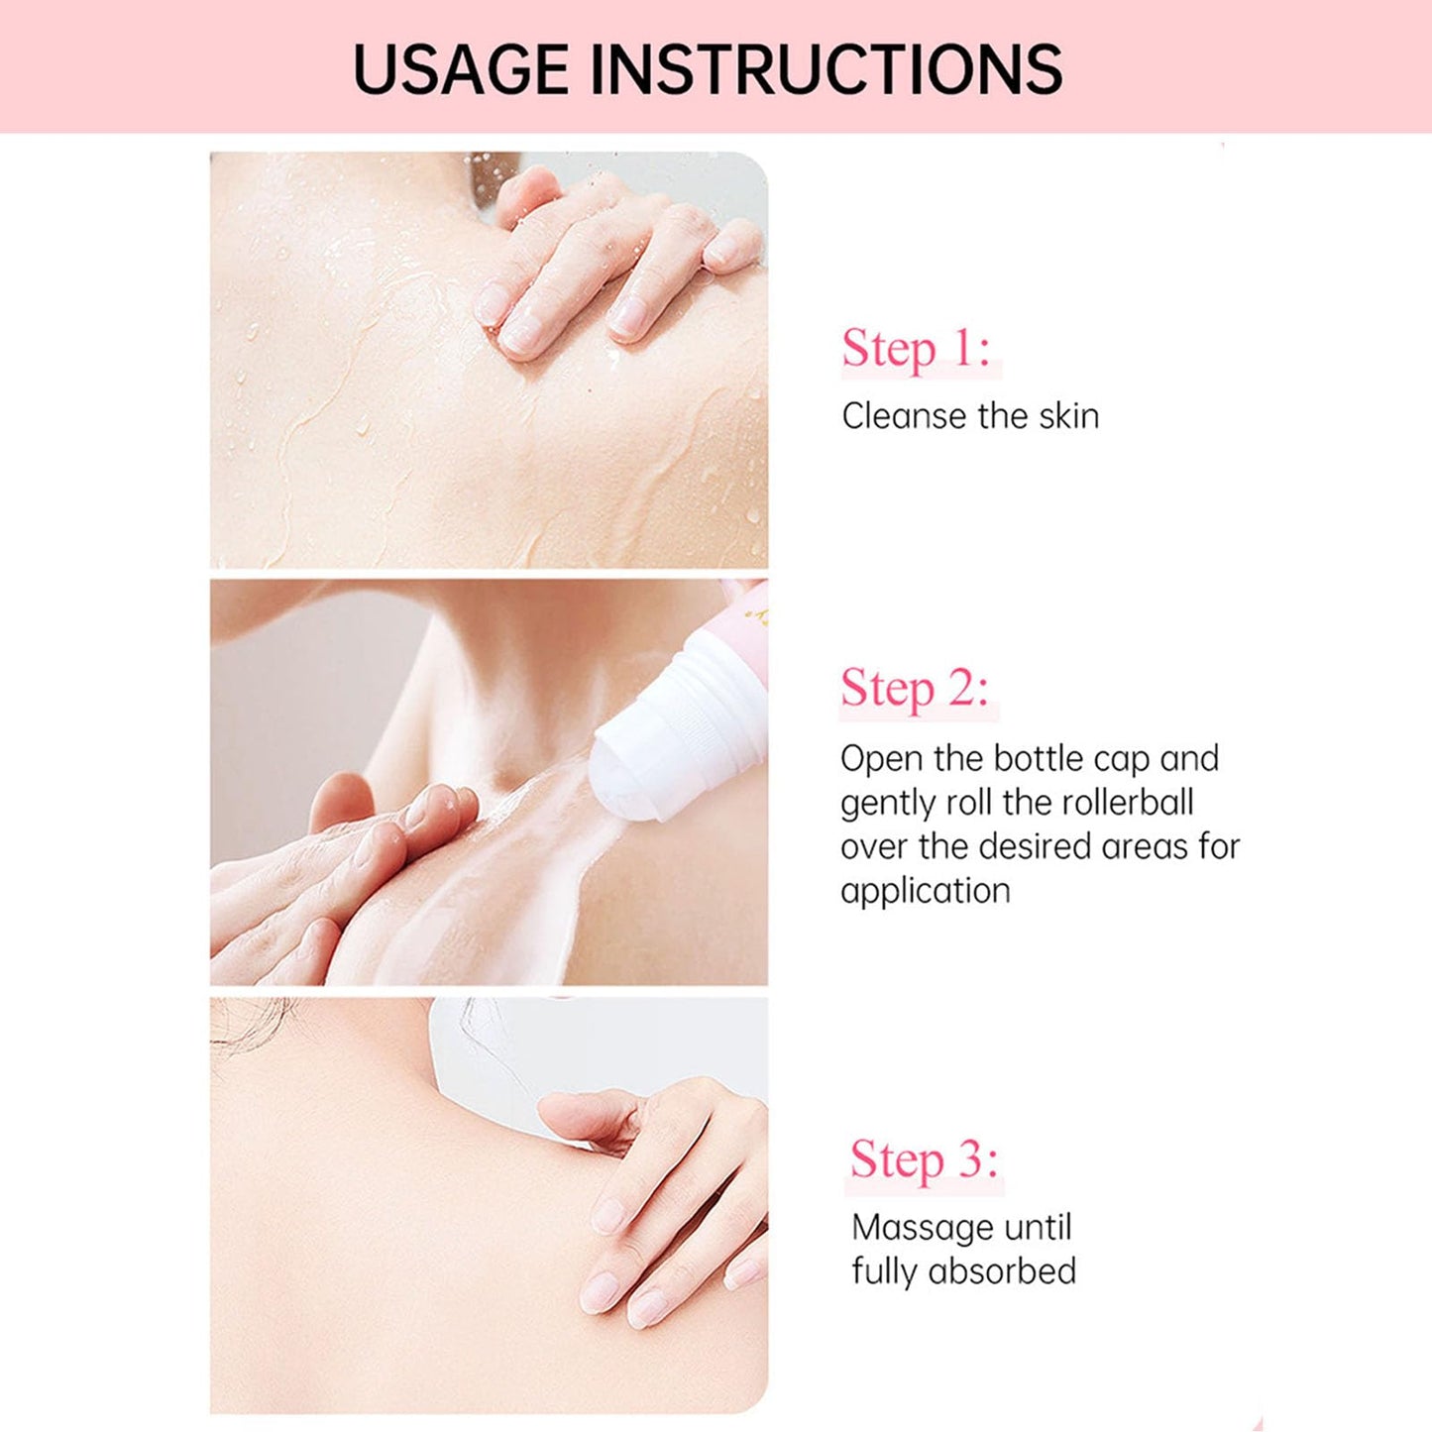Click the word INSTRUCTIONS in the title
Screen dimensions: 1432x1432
coord(832,68)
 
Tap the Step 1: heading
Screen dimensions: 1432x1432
coord(916,349)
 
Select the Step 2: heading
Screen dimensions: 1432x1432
coord(915,689)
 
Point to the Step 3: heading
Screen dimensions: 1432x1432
coord(924,1159)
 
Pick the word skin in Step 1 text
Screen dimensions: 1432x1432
coord(1069,416)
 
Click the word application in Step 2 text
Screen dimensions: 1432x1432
coord(925,891)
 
